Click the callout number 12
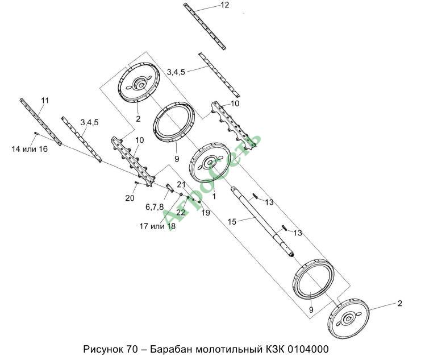pos(209,5)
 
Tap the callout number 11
pos(45,101)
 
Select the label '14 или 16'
pos(29,148)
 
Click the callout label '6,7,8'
pos(155,207)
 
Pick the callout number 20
pos(130,197)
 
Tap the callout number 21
pos(181,185)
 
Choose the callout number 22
pos(181,212)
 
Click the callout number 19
pos(205,213)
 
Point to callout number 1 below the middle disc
pos(214,194)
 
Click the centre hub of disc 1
pos(211,164)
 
